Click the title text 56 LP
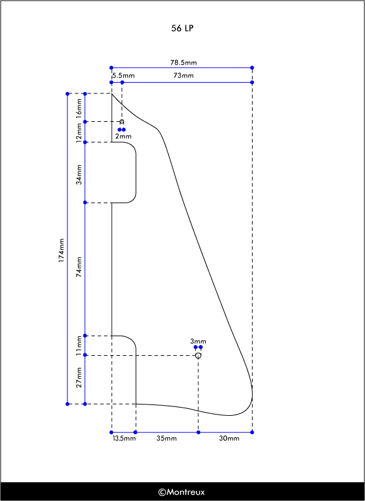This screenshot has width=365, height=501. [182, 28]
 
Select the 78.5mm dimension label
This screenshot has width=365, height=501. [183, 62]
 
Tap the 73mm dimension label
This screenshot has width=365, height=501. [184, 76]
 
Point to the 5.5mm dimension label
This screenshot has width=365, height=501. [124, 76]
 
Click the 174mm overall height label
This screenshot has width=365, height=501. [61, 251]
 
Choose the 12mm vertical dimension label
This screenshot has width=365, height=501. [79, 132]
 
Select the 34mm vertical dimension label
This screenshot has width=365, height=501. [79, 174]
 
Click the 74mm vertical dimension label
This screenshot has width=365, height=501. [79, 267]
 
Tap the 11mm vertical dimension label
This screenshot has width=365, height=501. [79, 346]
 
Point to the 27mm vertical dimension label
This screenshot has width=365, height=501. [79, 377]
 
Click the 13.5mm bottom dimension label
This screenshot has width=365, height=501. [124, 439]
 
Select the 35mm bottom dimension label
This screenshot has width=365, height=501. [166, 439]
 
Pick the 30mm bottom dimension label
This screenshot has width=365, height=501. [229, 439]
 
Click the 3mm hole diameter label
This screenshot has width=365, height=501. [198, 341]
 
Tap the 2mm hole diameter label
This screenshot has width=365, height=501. [123, 136]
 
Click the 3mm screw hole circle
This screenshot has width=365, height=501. [198, 355]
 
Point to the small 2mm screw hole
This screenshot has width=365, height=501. [121, 121]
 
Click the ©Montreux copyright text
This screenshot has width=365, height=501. [181, 492]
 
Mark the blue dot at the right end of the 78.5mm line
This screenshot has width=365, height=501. [252, 68]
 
